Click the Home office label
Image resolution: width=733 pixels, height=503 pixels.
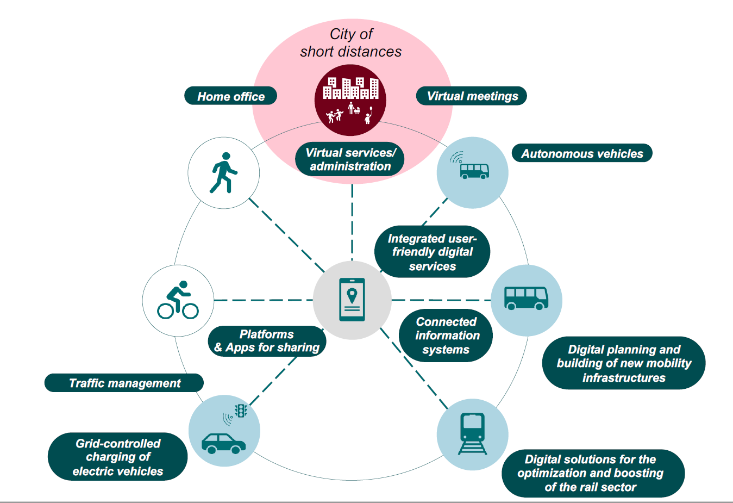click(231, 96)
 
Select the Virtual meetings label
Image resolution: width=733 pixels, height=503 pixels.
click(472, 96)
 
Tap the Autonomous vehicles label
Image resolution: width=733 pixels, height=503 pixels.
click(582, 153)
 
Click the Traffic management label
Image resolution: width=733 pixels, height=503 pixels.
click(124, 383)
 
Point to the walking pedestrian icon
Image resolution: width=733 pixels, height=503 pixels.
click(223, 172)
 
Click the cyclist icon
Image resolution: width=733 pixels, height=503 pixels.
click(178, 300)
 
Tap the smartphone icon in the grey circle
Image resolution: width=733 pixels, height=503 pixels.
click(352, 299)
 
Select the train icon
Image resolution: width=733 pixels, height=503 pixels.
click(473, 433)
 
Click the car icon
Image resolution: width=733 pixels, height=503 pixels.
click(223, 443)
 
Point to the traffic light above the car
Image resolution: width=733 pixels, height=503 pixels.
click(241, 411)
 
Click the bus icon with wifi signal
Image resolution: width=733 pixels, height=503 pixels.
click(470, 165)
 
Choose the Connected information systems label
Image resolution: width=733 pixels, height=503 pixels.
click(446, 336)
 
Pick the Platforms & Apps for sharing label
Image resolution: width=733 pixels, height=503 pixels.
click(267, 341)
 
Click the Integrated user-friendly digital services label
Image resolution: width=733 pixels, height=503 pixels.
click(433, 251)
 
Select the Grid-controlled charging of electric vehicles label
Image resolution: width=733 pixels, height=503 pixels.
click(118, 457)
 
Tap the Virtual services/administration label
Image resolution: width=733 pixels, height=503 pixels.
click(350, 159)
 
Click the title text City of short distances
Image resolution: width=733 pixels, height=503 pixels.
click(351, 43)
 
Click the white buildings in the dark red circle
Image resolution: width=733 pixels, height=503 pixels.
click(350, 88)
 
